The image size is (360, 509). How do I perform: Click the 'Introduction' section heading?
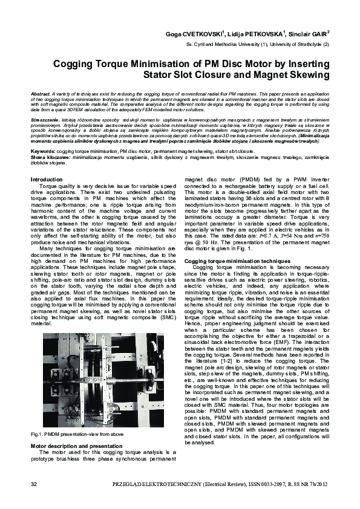tap(46, 180)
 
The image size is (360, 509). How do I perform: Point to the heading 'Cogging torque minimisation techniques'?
tap(233, 277)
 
